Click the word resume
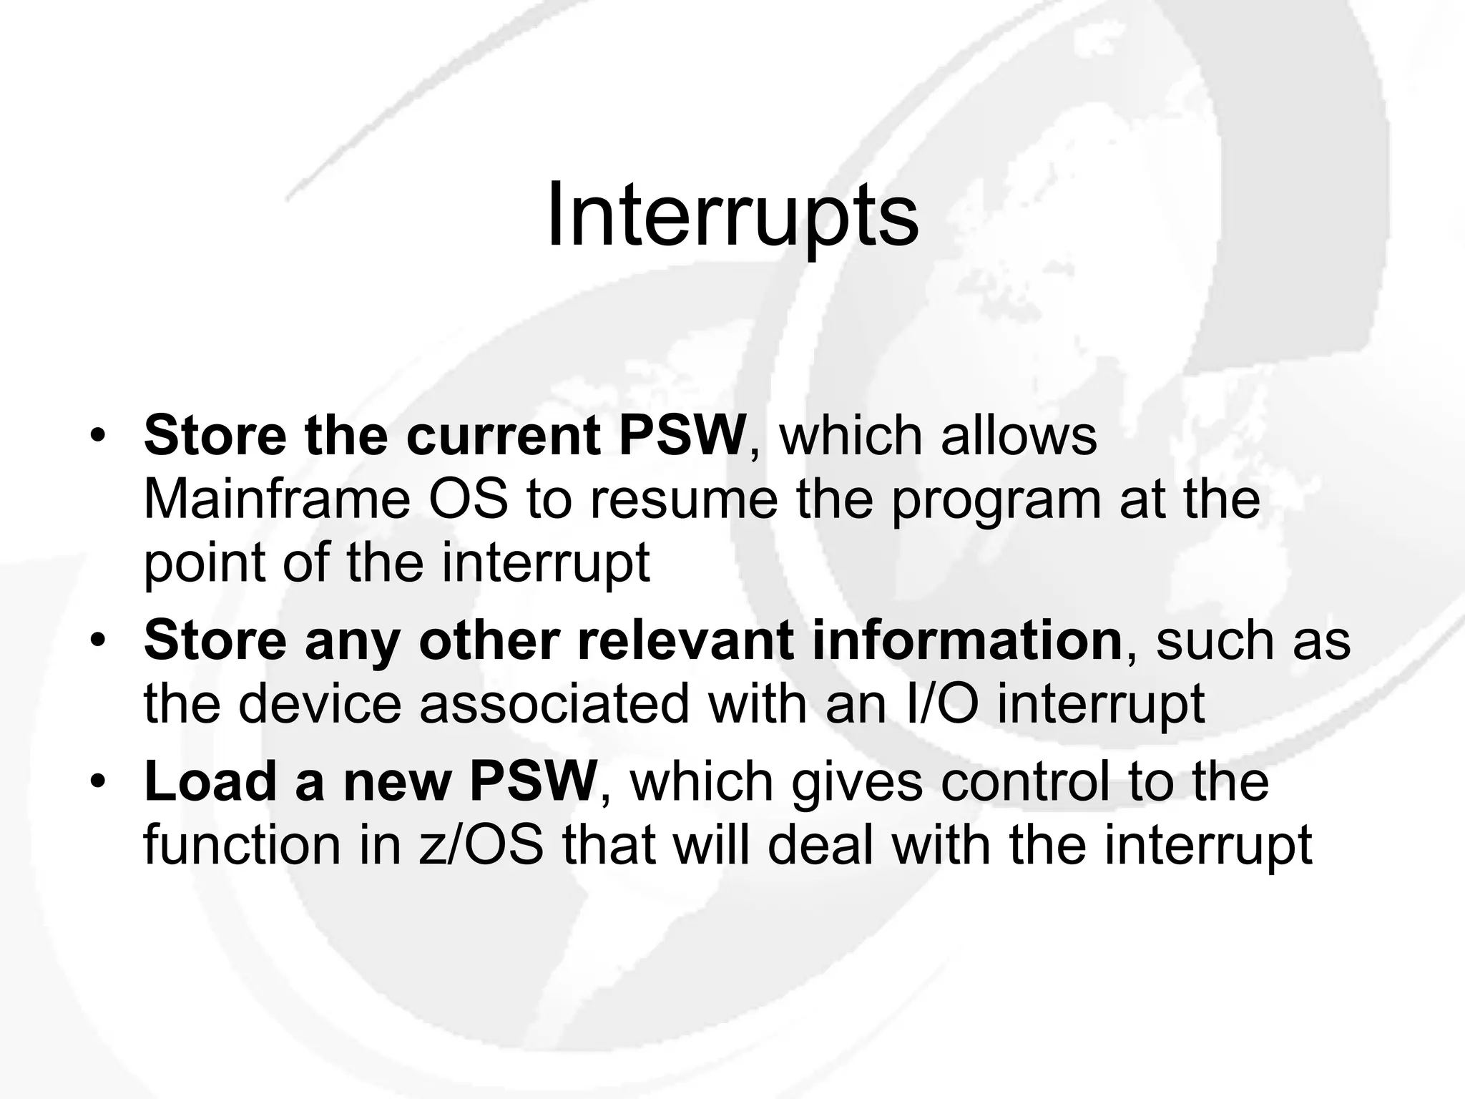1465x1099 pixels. click(683, 500)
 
